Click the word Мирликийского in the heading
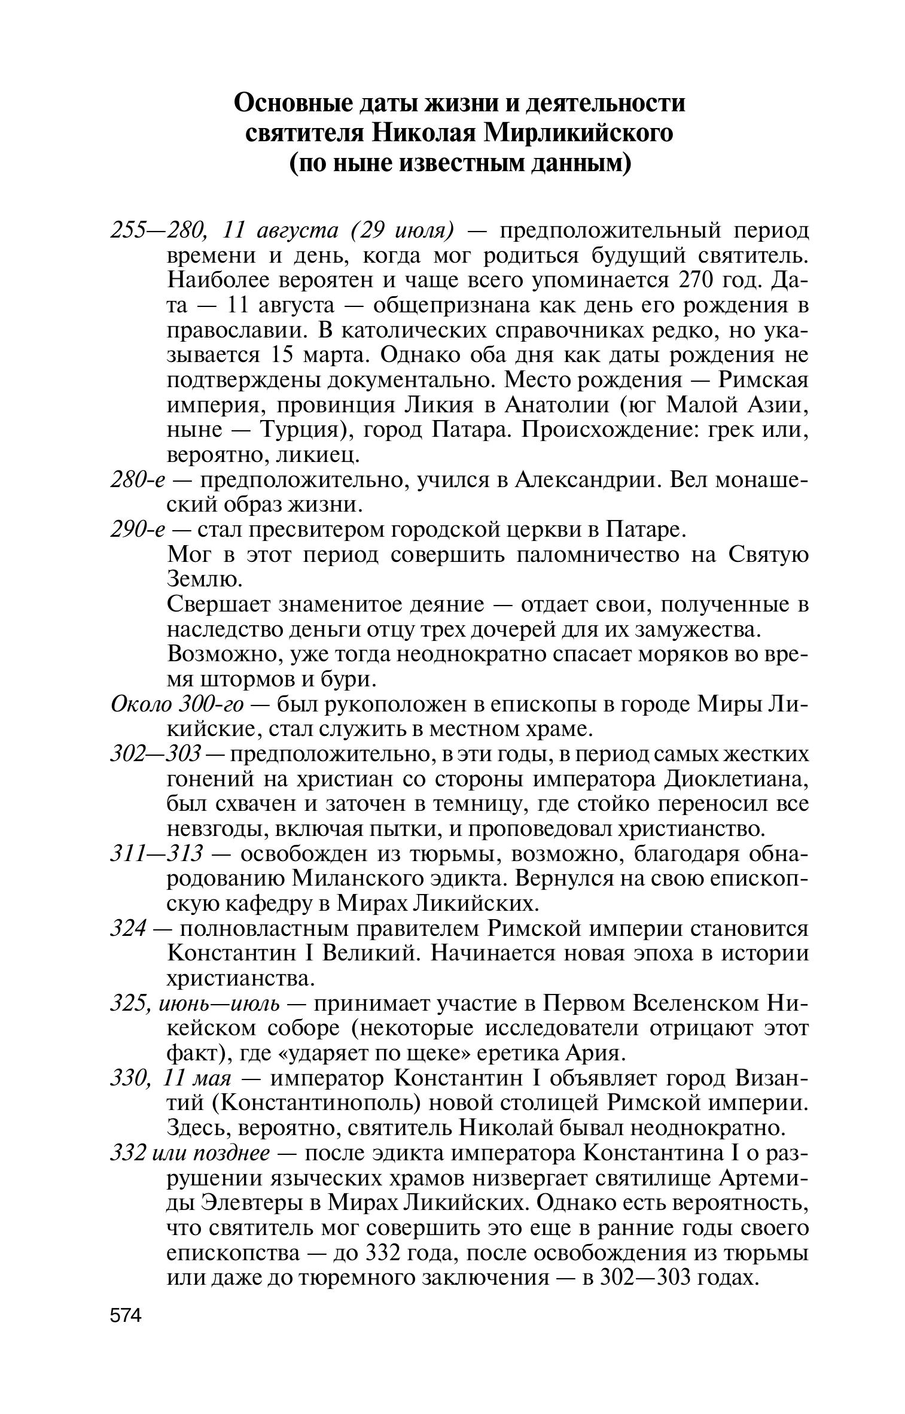[x=578, y=133]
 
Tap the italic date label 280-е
[x=138, y=480]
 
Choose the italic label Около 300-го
[x=178, y=705]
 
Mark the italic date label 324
[x=128, y=929]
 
